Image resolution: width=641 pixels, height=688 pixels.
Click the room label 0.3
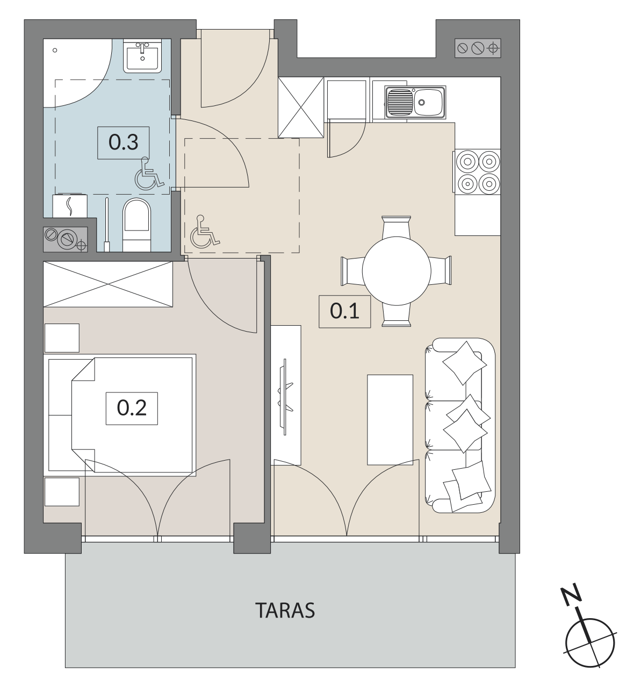click(123, 142)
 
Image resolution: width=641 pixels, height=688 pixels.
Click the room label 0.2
click(131, 408)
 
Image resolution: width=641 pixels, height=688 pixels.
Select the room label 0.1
click(344, 311)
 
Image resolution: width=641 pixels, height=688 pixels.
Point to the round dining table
click(396, 270)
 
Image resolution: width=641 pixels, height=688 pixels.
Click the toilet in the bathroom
click(136, 225)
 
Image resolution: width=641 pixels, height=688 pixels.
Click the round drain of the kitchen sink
click(421, 102)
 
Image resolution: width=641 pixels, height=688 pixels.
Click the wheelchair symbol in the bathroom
click(148, 173)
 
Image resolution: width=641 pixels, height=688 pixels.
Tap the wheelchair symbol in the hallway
click(204, 232)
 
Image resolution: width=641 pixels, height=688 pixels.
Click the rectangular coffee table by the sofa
click(390, 420)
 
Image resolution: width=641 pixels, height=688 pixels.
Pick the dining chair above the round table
click(396, 227)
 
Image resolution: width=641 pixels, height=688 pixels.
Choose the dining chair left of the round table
click(352, 270)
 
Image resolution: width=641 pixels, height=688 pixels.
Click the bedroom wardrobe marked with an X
click(107, 284)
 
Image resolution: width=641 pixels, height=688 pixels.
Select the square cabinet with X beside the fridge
click(300, 107)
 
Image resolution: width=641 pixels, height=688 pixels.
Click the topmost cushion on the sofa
click(464, 363)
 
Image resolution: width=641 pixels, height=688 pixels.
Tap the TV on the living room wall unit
click(285, 396)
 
